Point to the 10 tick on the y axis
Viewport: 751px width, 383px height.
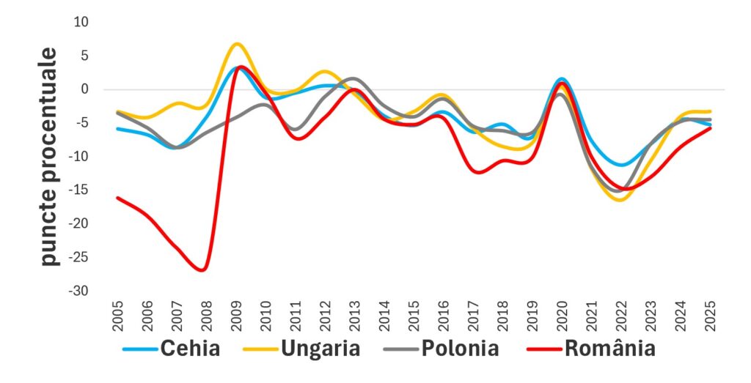[80, 22]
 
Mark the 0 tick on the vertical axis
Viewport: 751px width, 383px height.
[83, 89]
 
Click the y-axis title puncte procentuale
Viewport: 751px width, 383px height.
[48, 157]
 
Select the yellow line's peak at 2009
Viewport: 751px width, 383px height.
[235, 44]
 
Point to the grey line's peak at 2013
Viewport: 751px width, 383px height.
[353, 78]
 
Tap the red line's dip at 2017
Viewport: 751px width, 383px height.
[478, 173]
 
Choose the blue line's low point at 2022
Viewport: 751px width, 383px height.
[622, 166]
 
